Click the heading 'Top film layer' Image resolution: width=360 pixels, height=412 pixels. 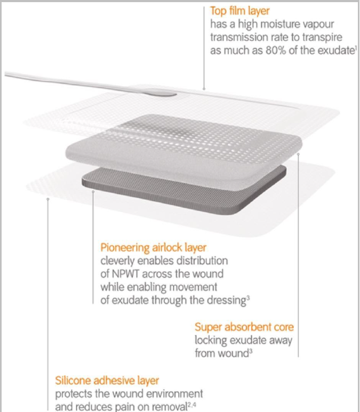click(x=239, y=11)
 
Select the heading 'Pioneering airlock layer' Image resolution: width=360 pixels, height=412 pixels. click(x=153, y=247)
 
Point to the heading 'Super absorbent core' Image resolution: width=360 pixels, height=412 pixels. click(x=244, y=327)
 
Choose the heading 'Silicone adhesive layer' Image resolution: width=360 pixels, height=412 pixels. click(x=107, y=381)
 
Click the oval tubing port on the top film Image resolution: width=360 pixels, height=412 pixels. click(x=161, y=93)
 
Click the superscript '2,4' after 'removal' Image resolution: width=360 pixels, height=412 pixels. click(x=192, y=405)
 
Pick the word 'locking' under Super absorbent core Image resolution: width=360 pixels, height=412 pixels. click(x=211, y=341)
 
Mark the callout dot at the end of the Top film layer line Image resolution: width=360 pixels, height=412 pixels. click(x=204, y=89)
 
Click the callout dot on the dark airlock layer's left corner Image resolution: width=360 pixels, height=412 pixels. click(x=93, y=192)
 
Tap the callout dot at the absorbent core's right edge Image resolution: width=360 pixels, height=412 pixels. click(x=298, y=154)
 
